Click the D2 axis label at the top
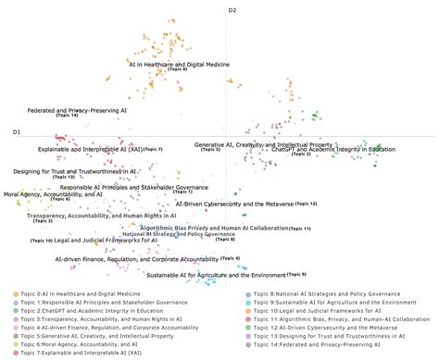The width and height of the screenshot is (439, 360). (x=233, y=9)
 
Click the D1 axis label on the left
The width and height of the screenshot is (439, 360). (x=17, y=133)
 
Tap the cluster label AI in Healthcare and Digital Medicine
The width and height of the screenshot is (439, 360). (x=178, y=64)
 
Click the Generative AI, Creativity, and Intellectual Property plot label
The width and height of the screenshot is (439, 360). (x=263, y=145)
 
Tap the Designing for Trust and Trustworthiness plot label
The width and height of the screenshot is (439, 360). (x=76, y=171)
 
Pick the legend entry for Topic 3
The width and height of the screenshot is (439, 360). (x=99, y=317)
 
